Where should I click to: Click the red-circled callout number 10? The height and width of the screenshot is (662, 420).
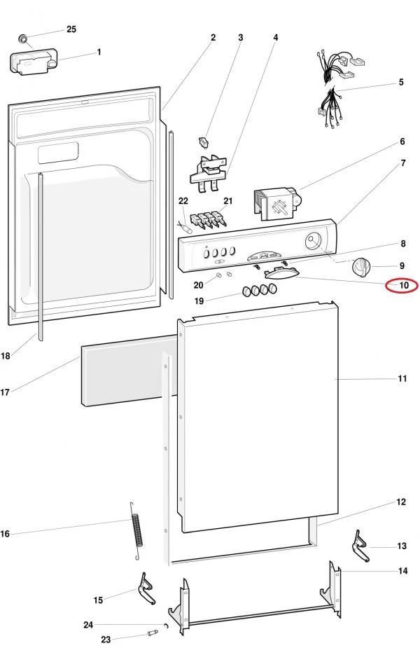[x=404, y=285]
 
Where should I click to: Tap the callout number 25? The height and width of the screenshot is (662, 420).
[x=71, y=29]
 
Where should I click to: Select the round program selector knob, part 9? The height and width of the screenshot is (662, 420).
[x=361, y=266]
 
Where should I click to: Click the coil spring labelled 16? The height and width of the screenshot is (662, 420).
[x=136, y=531]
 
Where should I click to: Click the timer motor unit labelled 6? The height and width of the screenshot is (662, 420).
[x=276, y=205]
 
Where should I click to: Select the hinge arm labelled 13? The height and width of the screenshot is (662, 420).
[x=360, y=546]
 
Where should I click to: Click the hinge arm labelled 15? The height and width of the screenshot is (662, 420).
[x=146, y=588]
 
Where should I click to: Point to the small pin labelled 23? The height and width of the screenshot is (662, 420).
[x=153, y=633]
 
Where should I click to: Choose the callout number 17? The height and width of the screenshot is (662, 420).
[x=5, y=392]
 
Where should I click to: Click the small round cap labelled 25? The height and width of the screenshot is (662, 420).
[x=23, y=39]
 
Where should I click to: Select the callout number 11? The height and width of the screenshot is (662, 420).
[x=402, y=378]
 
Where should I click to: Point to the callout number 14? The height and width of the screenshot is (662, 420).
[x=403, y=571]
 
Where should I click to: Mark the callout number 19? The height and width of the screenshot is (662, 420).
[x=199, y=301]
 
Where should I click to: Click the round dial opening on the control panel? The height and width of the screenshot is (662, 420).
[x=312, y=242]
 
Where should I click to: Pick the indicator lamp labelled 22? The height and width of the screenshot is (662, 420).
[x=185, y=228]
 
